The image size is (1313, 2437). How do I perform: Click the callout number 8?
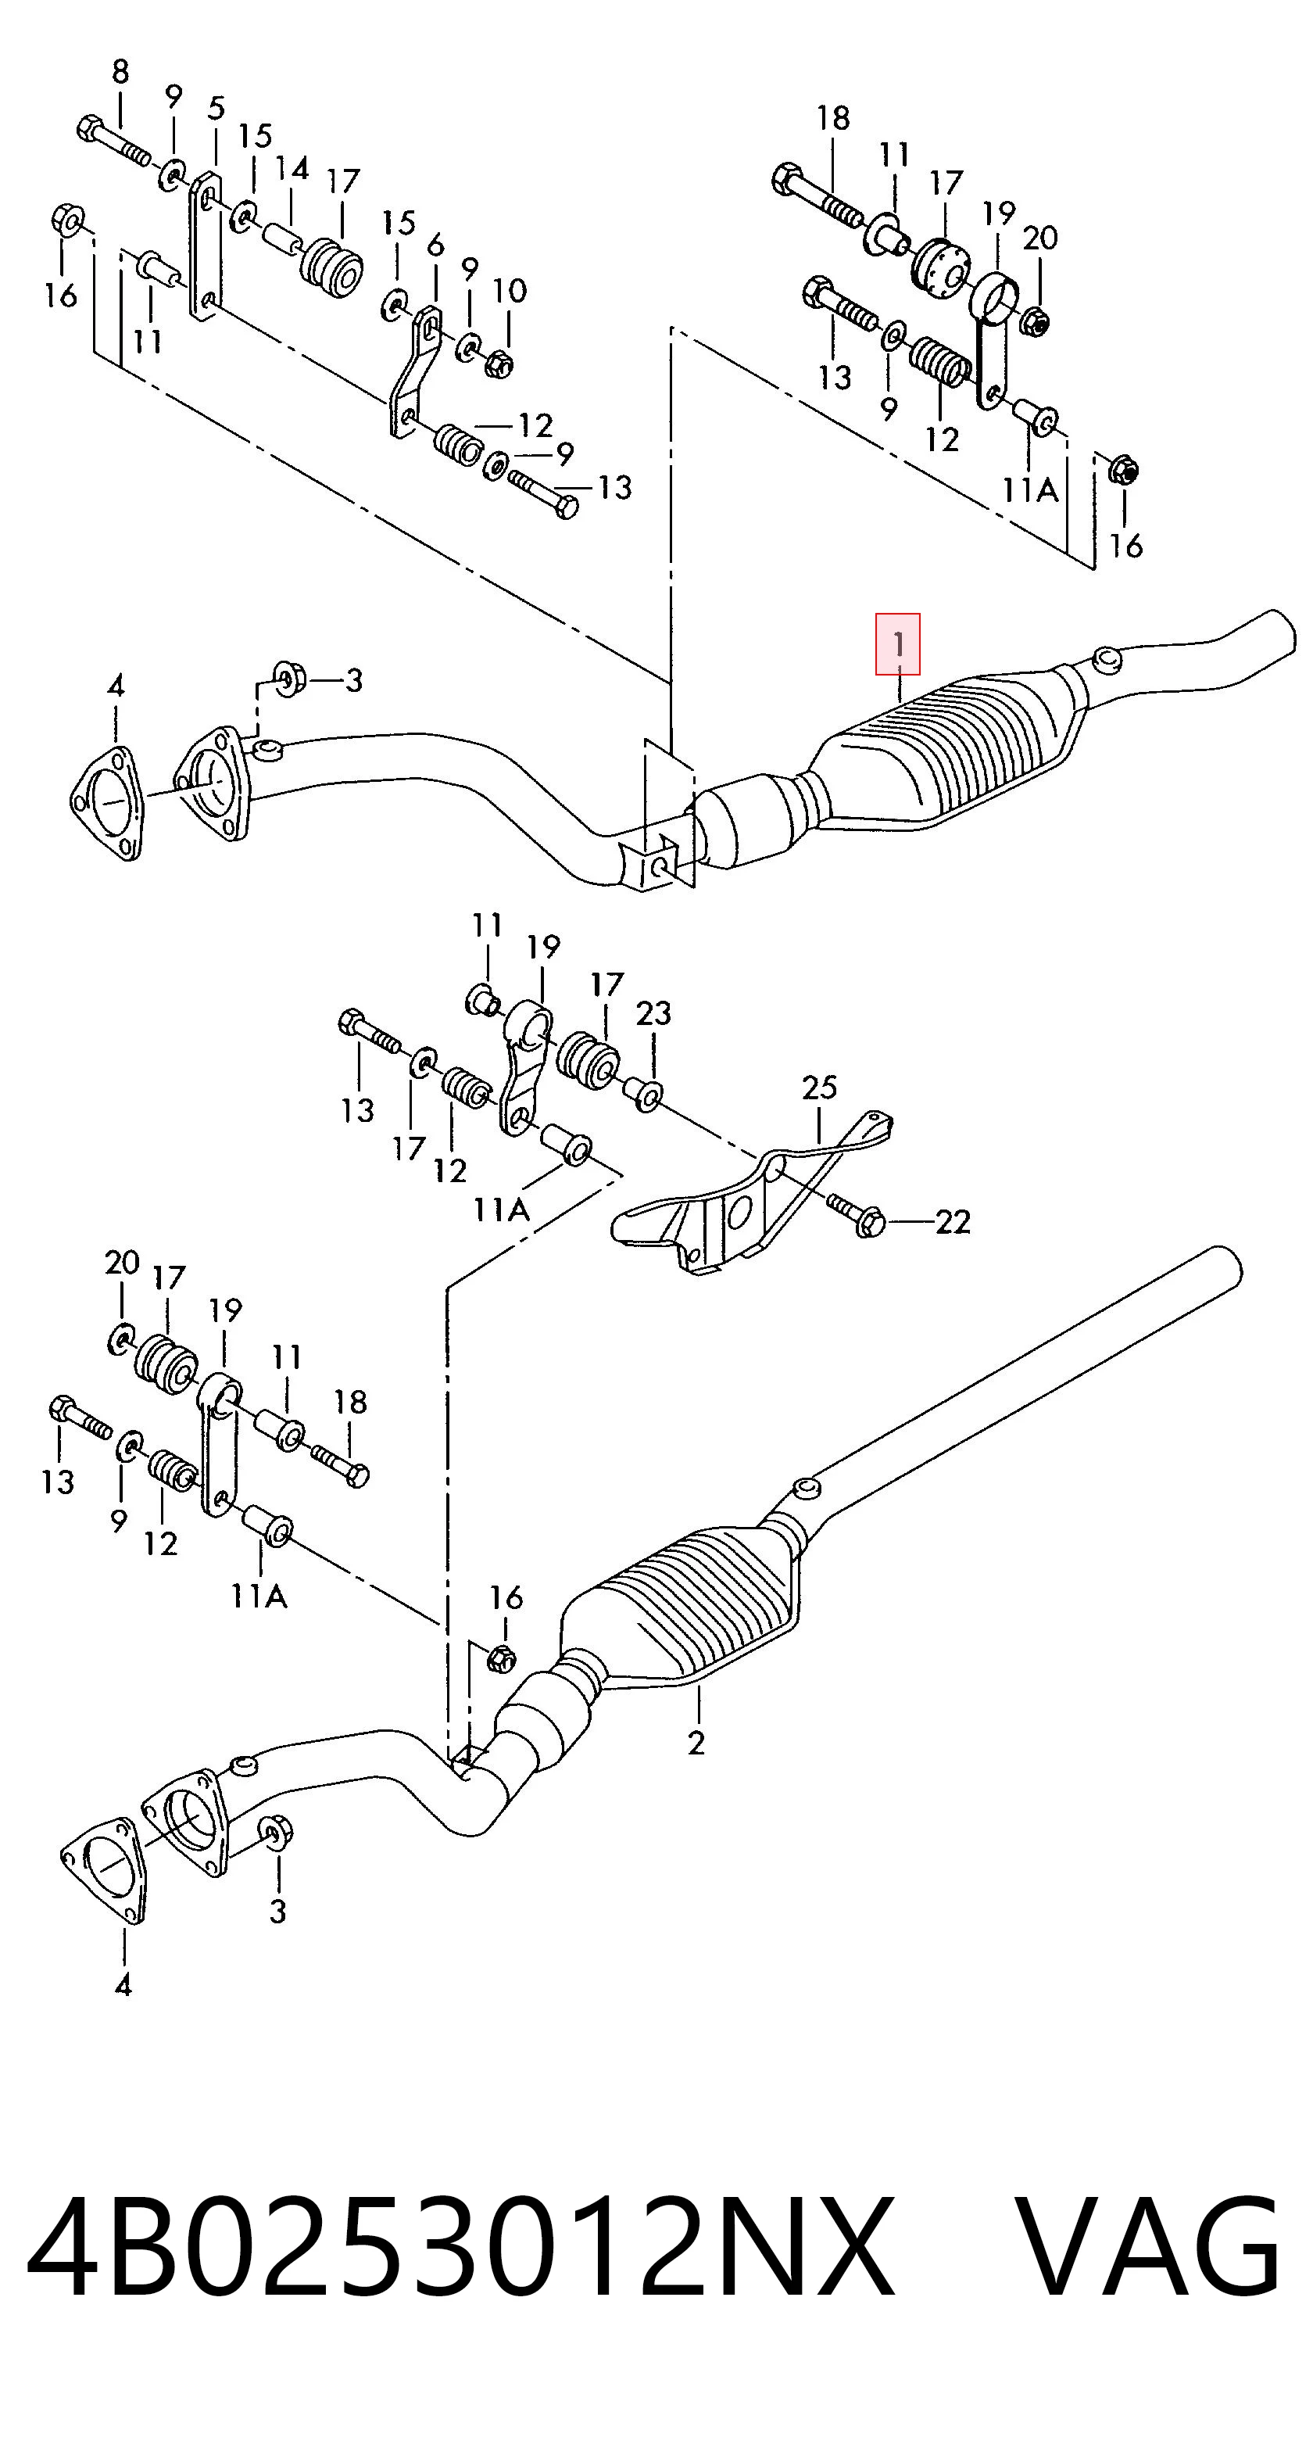120,72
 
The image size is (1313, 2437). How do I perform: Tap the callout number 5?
216,108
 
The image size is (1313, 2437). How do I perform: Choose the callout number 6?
435,245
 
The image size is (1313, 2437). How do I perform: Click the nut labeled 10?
499,361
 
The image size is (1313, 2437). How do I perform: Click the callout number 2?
696,1743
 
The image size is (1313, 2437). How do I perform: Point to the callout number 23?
653,1013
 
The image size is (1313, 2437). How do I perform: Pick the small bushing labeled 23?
644,1094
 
